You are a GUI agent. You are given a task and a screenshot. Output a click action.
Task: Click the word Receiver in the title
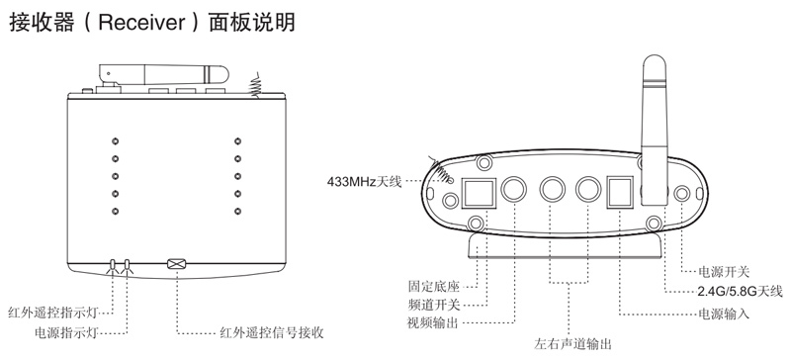coord(141,23)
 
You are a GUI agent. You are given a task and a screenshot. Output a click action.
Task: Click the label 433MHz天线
coord(364,181)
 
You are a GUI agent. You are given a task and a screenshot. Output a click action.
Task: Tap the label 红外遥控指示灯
coord(53,313)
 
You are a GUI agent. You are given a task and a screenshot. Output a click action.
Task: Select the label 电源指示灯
coord(65,332)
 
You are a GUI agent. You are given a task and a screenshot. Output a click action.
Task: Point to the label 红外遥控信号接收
coord(272,332)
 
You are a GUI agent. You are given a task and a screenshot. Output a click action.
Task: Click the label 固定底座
coord(434,287)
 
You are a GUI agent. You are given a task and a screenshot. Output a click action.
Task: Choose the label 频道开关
coord(434,305)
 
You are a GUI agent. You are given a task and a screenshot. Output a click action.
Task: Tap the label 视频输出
coord(433,322)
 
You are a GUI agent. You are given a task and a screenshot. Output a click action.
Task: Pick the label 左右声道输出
coord(572,344)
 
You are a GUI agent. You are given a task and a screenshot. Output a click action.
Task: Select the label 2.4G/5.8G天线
coord(740,292)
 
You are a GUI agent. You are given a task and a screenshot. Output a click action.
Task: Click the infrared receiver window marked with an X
coord(176,263)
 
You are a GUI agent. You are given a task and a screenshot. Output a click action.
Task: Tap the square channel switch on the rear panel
coord(477,193)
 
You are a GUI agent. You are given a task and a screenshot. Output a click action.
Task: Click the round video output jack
coord(514,189)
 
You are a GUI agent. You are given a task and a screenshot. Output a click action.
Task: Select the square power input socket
coord(620,192)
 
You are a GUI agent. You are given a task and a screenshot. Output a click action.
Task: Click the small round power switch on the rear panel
coord(682,194)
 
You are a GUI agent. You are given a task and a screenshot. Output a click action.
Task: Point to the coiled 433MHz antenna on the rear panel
coord(441,169)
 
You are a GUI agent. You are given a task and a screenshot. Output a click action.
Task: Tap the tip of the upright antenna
coord(655,55)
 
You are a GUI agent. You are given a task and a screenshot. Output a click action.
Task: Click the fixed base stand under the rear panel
coord(566,246)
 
